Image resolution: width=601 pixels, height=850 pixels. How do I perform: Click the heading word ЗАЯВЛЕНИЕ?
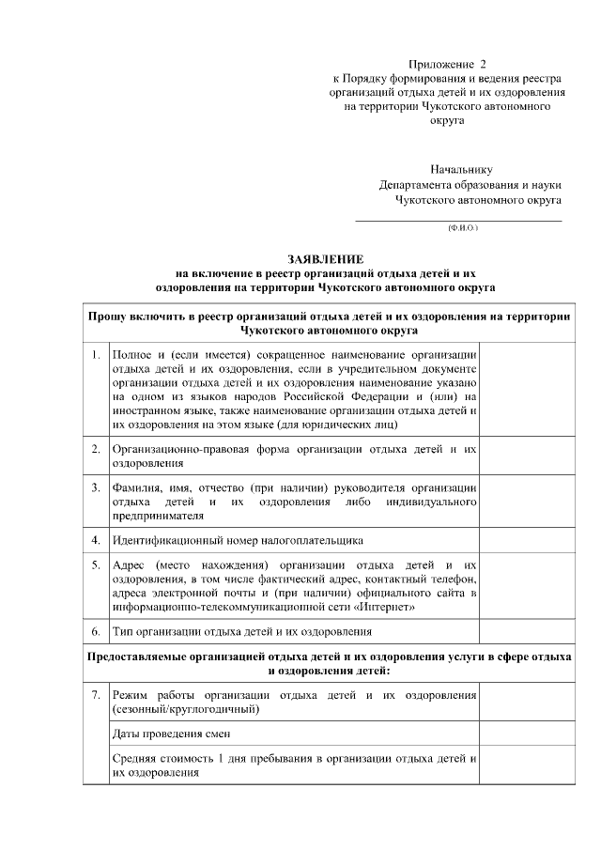[324, 258]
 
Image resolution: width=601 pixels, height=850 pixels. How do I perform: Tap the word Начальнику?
[461, 170]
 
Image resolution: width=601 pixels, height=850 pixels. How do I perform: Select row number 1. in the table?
[96, 355]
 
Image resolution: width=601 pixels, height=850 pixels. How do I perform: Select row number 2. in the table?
[96, 449]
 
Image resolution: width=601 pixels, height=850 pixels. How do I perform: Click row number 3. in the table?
[96, 487]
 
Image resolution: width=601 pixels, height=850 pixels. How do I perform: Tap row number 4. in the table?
[96, 541]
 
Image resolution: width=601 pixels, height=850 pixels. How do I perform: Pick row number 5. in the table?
[96, 565]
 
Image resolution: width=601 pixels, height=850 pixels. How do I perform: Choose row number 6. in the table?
[96, 631]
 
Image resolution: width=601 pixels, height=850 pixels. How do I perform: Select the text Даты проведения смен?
[171, 733]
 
